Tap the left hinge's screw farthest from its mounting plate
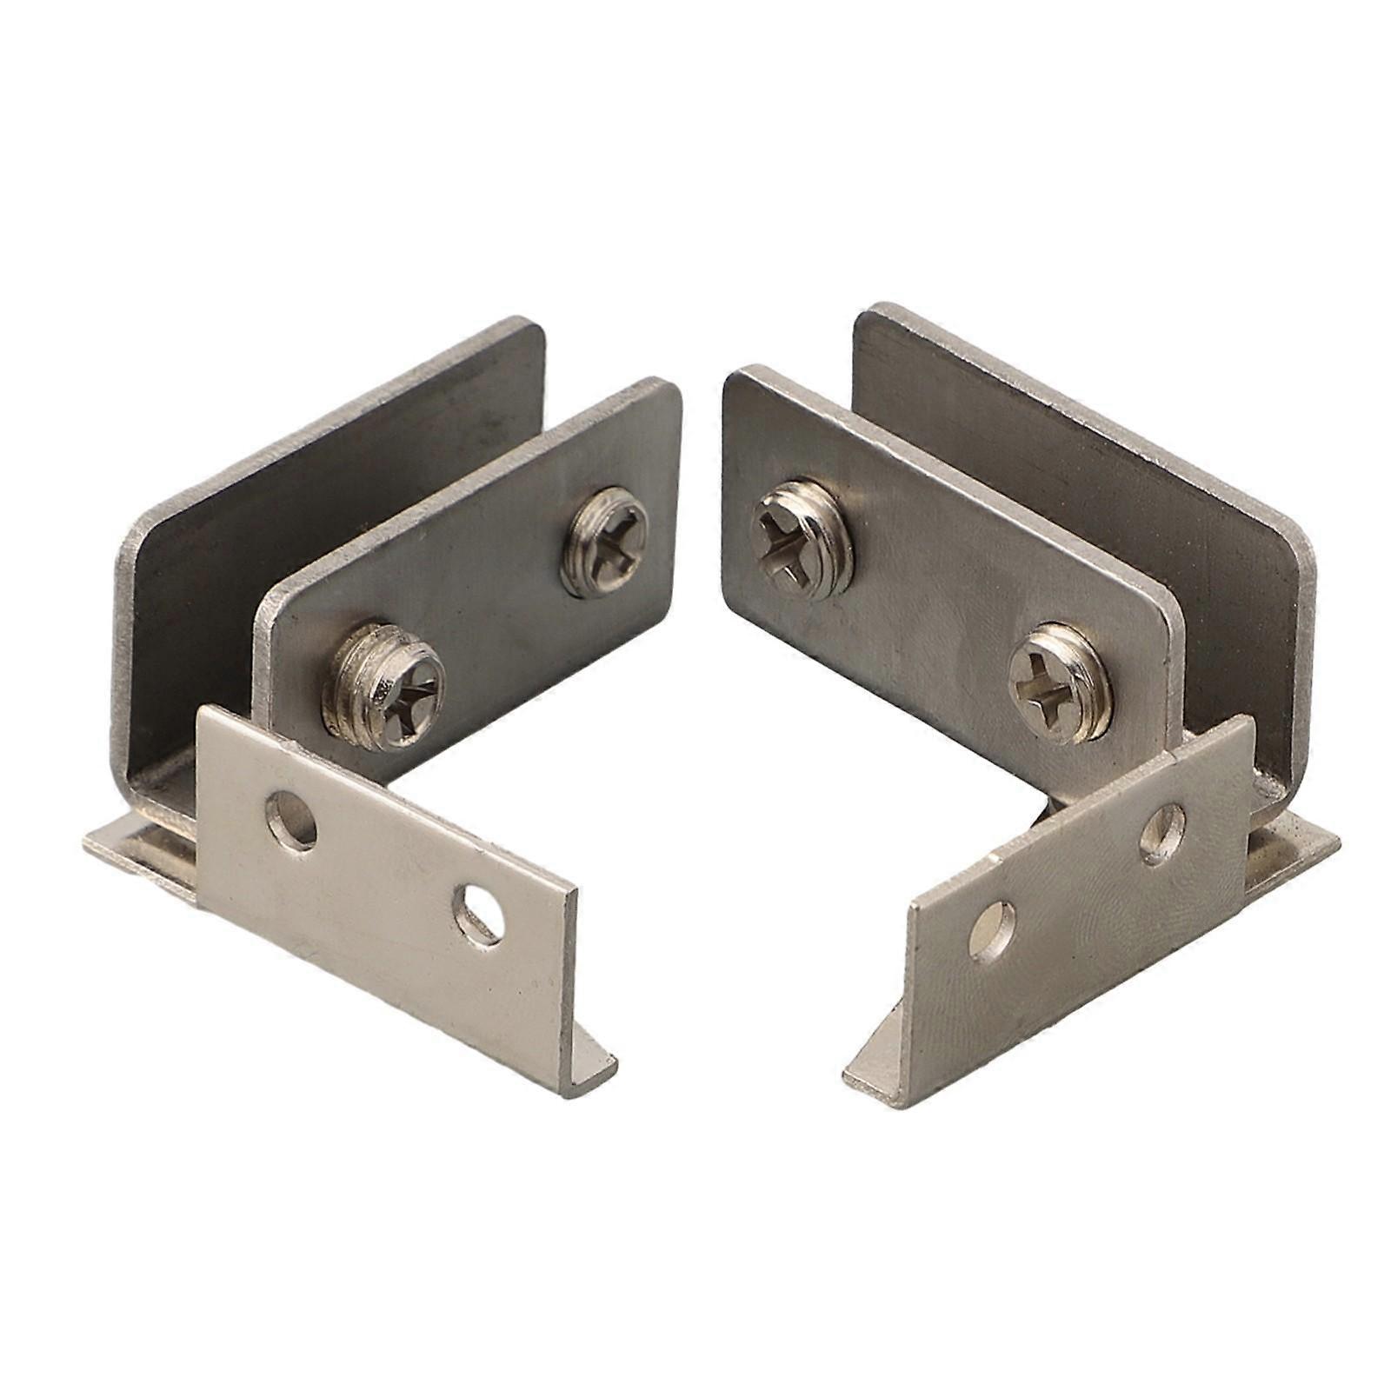point(605,541)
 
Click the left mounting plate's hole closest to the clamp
point(292,819)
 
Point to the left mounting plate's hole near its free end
point(477,915)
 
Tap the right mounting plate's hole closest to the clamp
point(1163,832)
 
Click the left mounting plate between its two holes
point(383,869)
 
